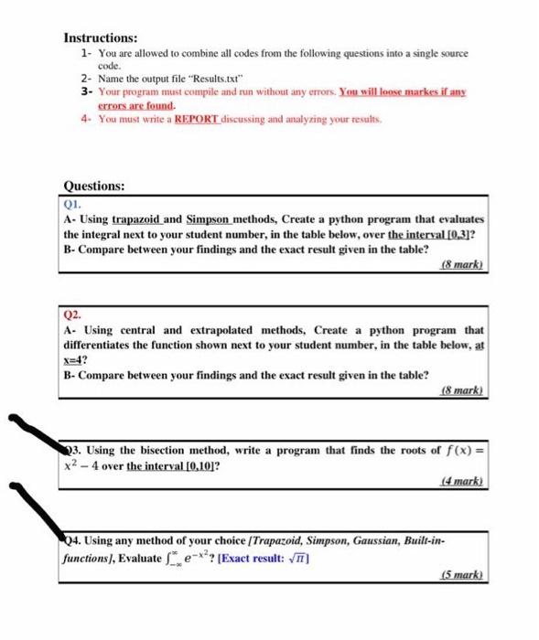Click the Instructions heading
100,38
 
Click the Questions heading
93,185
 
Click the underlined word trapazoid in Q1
140,220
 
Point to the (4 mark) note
463,482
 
